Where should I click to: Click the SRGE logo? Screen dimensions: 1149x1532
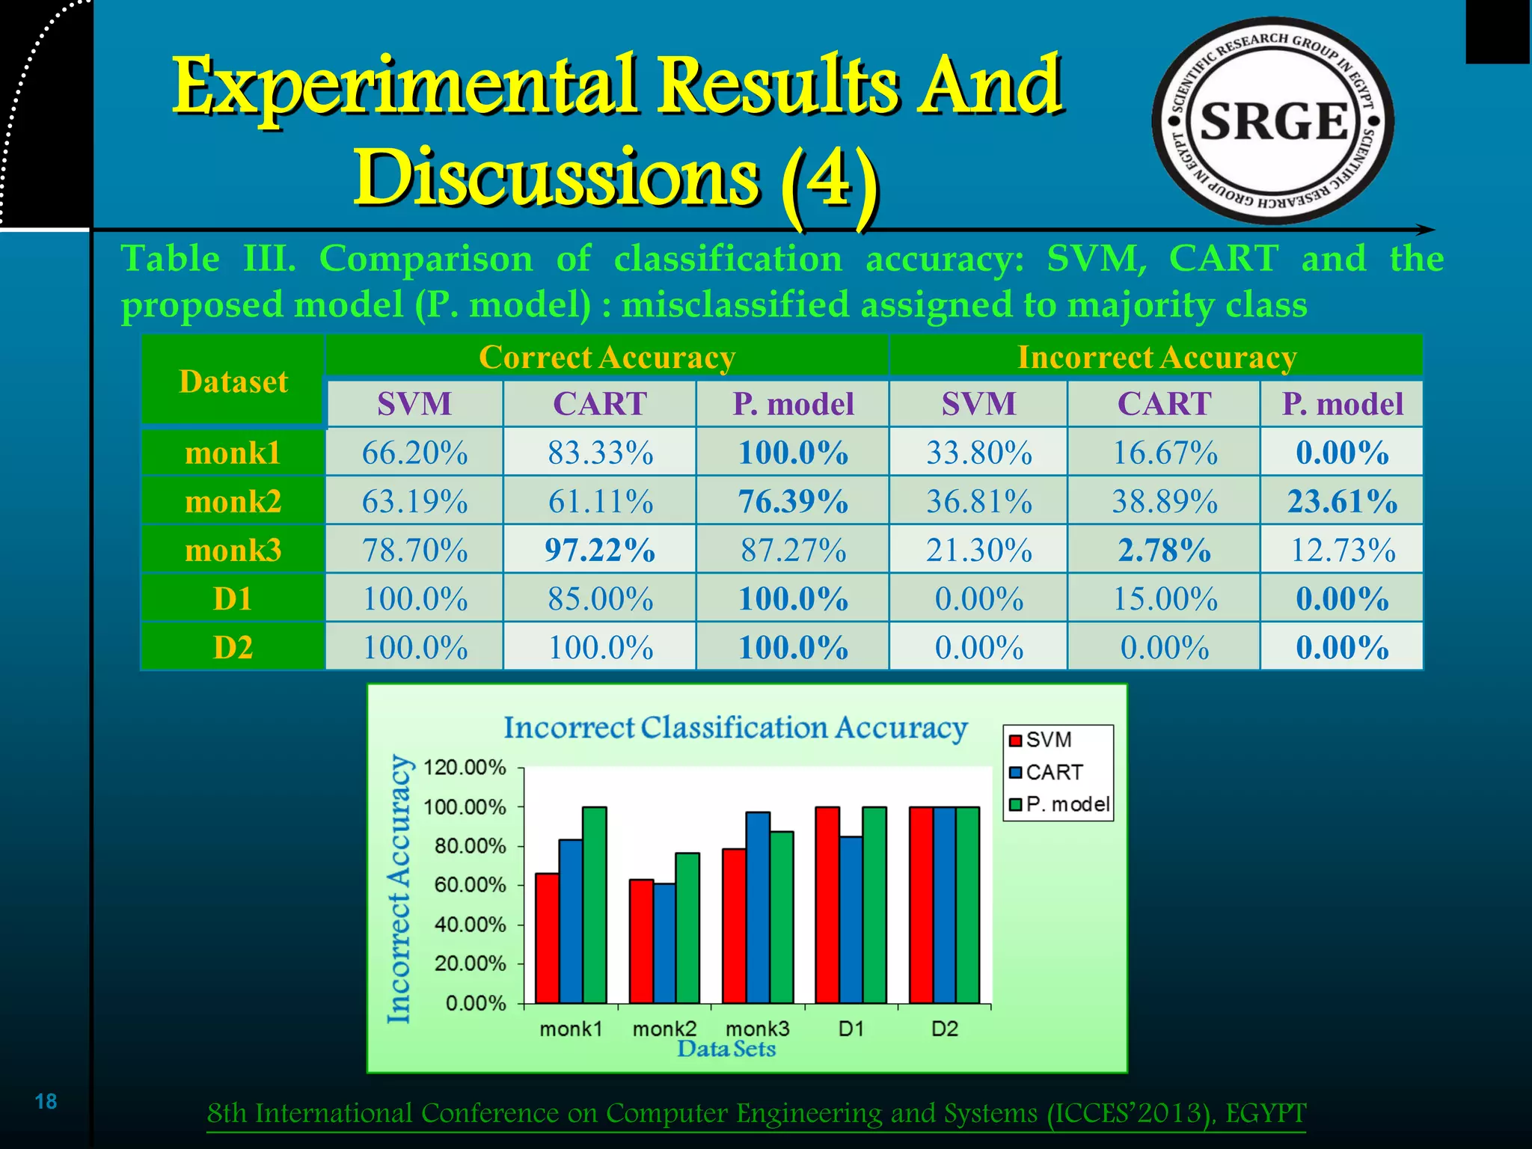(x=1272, y=121)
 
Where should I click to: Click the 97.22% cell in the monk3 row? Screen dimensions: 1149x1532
(x=600, y=550)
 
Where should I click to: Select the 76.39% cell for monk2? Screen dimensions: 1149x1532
(x=793, y=501)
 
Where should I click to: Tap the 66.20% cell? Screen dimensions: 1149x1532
(x=414, y=453)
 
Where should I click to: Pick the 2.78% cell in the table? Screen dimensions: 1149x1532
(x=1164, y=550)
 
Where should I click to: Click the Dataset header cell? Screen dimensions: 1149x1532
(x=233, y=382)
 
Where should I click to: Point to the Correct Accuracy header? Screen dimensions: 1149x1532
(x=607, y=357)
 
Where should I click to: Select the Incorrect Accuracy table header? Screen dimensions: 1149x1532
(x=1156, y=357)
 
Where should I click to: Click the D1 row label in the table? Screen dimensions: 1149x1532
(x=233, y=598)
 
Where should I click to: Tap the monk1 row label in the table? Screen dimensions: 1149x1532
(x=233, y=453)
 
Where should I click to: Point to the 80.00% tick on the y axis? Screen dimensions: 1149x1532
(x=470, y=846)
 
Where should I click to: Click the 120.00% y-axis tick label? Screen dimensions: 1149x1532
(x=465, y=767)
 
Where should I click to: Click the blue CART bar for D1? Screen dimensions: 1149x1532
(x=851, y=920)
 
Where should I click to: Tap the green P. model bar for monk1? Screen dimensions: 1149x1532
(x=595, y=905)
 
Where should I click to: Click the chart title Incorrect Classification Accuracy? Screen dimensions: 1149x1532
(x=735, y=727)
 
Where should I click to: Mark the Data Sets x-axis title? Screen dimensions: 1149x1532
(x=726, y=1049)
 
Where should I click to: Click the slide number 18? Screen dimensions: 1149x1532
(x=46, y=1101)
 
